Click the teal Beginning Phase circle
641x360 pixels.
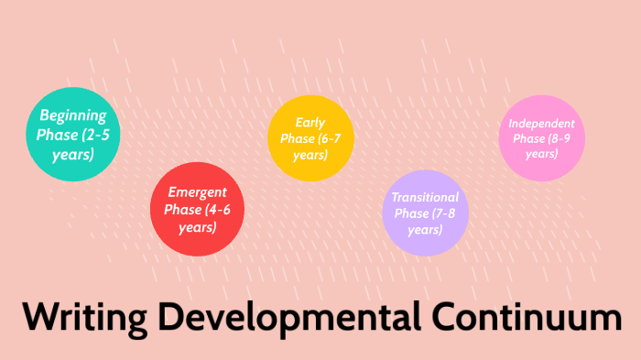pos(72,134)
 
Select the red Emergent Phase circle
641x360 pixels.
pos(198,210)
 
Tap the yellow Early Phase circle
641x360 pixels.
pos(310,138)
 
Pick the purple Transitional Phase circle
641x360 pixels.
pos(424,213)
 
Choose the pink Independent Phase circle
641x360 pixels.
pos(541,137)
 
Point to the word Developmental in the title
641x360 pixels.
pos(288,318)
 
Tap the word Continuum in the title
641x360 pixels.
pos(526,318)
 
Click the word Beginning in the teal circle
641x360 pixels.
pos(73,116)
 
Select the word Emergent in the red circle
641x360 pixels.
pos(198,192)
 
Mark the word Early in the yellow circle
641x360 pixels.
pos(310,123)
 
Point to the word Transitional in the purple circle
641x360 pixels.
pos(425,197)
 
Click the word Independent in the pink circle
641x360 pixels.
pos(541,123)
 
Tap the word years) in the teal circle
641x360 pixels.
pos(73,153)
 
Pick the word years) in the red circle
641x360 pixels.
pos(198,226)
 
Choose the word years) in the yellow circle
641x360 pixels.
pos(310,155)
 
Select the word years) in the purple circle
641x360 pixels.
pos(425,229)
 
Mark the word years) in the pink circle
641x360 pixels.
pos(541,153)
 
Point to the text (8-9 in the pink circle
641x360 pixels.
pos(560,138)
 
